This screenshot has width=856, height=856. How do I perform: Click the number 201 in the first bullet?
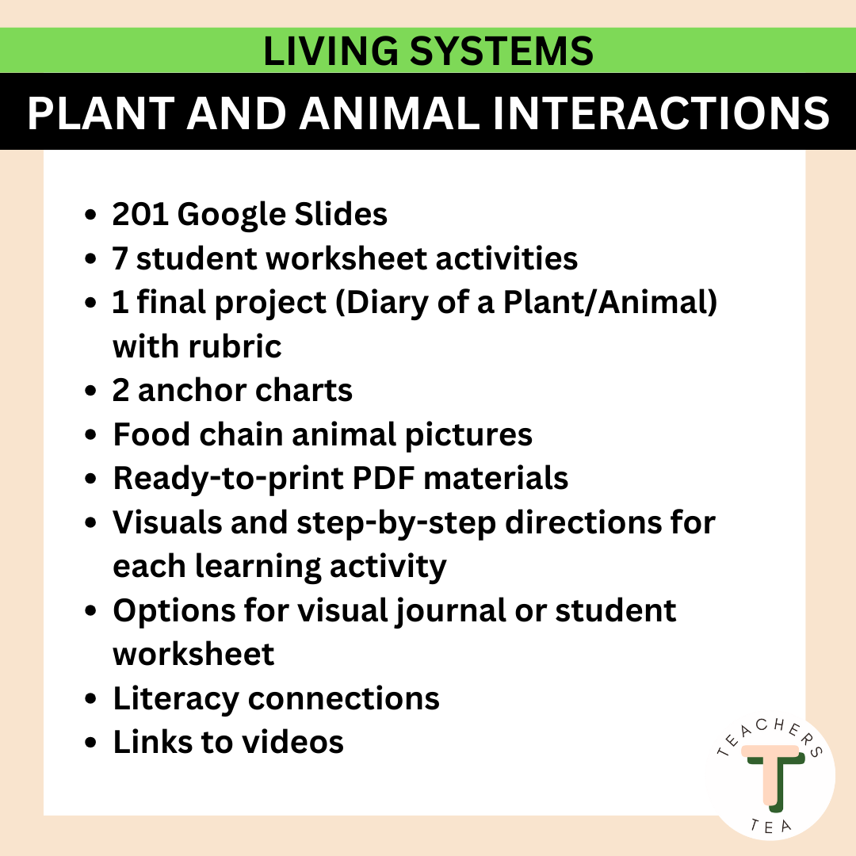point(139,214)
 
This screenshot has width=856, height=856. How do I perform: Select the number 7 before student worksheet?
point(120,258)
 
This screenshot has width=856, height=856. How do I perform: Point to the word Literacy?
point(175,699)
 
